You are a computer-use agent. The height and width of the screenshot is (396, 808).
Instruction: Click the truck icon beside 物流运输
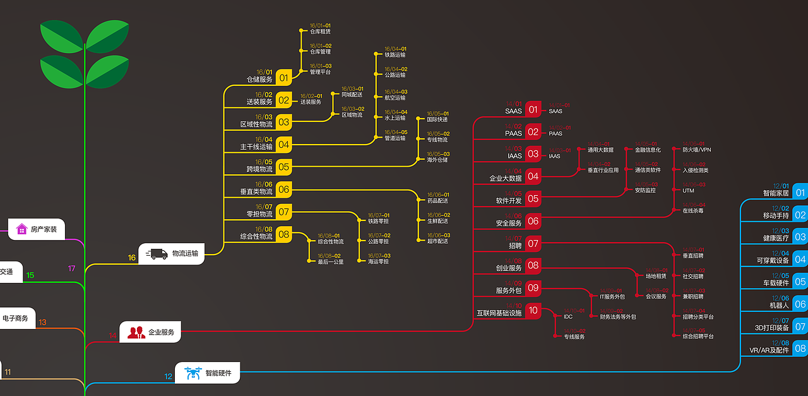157,254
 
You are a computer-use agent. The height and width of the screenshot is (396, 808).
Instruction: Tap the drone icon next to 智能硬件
193,373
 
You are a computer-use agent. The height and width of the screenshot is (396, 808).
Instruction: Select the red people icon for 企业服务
136,332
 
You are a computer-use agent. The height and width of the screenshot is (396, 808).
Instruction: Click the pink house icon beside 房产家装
21,229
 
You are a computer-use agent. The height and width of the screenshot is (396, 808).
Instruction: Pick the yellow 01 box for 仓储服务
283,78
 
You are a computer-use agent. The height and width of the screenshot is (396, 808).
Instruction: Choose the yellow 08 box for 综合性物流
283,235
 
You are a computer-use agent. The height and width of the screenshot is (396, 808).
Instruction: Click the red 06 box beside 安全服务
533,221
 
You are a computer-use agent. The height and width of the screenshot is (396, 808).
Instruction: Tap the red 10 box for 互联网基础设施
533,310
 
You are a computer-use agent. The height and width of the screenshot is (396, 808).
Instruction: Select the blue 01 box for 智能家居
800,193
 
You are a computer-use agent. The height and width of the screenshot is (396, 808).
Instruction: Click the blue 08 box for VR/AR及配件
800,348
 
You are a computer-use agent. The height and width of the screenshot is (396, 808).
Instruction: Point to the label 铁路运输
395,55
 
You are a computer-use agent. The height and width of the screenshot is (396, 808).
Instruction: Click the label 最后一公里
331,261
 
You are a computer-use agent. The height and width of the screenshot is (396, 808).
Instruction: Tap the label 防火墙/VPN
697,150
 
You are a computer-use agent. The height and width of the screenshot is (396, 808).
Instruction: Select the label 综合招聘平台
698,337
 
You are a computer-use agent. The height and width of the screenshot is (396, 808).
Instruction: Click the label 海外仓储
437,160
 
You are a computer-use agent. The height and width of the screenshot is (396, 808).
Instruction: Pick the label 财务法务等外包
618,316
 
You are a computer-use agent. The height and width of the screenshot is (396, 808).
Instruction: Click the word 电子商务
16,318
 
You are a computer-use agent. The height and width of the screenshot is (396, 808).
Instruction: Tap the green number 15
30,275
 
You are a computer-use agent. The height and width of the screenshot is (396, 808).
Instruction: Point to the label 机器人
780,304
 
